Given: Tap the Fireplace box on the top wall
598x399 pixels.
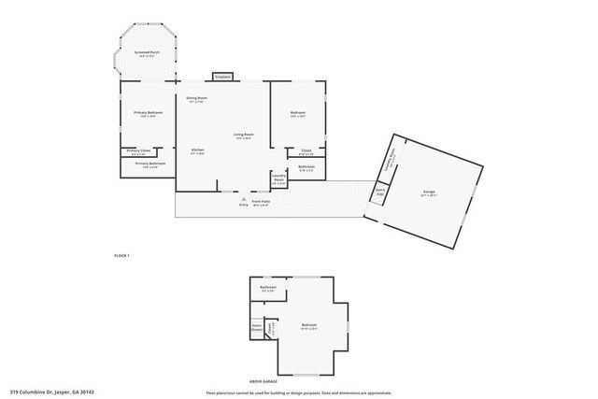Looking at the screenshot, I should (x=222, y=77).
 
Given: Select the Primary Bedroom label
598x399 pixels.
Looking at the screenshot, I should (x=148, y=113).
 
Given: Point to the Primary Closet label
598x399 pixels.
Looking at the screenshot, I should (x=139, y=150).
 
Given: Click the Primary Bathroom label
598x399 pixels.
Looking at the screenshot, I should (x=149, y=164).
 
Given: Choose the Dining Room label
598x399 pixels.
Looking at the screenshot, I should (x=196, y=98).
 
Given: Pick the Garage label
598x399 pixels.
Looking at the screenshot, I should (x=428, y=192).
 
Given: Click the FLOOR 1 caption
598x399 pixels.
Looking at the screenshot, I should (x=121, y=255).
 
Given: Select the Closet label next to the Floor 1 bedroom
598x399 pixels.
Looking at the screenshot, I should (x=306, y=150).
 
